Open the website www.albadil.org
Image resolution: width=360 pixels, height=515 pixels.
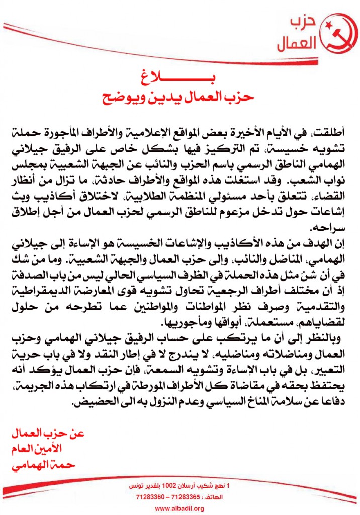coord(179,509)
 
